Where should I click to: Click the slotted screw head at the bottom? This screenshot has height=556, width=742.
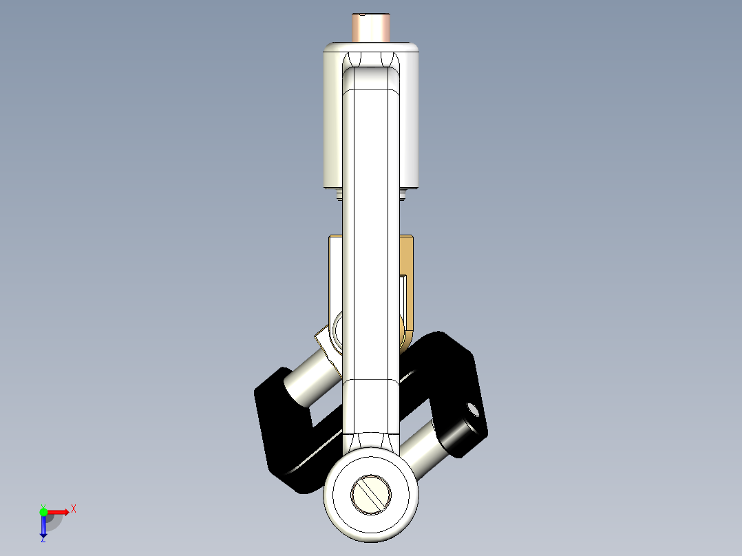click(372, 493)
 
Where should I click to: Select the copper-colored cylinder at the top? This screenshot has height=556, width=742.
click(371, 28)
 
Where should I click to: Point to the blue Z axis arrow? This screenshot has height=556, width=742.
click(43, 526)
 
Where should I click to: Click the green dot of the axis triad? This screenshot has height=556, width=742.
click(43, 511)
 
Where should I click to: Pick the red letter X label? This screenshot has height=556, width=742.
click(74, 509)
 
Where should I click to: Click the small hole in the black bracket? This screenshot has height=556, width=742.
click(473, 409)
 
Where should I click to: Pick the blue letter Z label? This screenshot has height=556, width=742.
click(43, 539)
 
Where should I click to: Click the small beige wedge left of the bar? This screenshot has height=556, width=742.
click(324, 339)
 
